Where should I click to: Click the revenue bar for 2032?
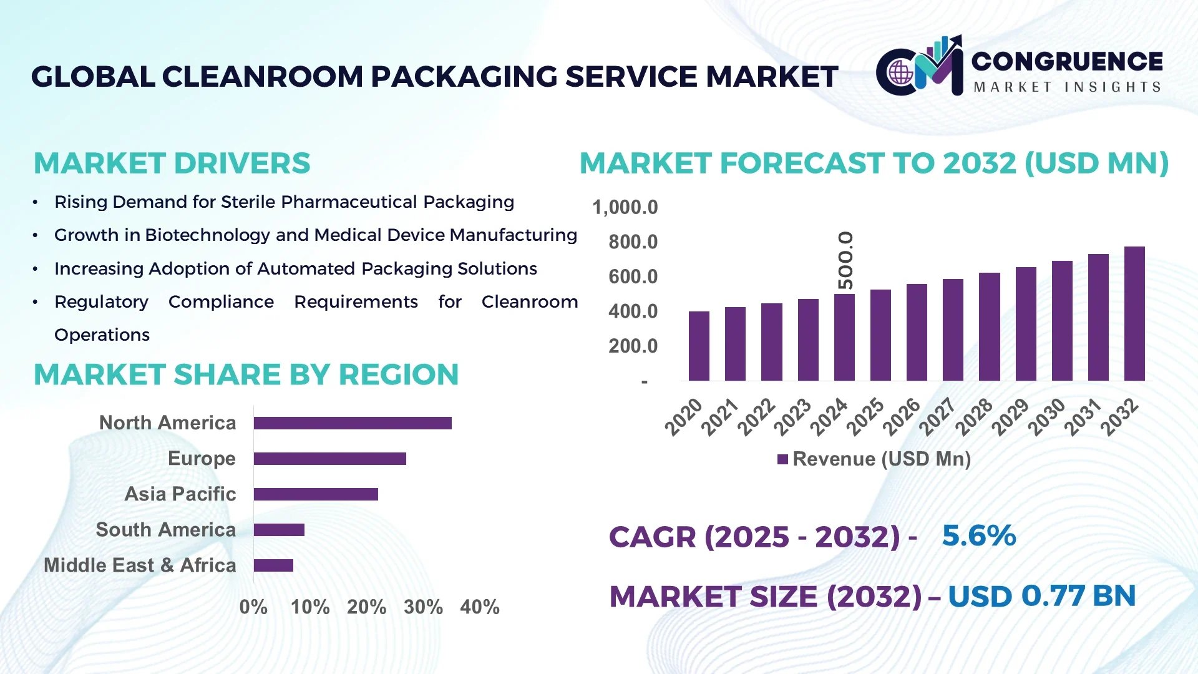click(1134, 314)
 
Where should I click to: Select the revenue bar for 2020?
click(699, 346)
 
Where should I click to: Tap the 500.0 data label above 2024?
click(845, 260)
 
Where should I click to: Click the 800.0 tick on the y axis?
click(633, 242)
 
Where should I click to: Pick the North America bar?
click(353, 423)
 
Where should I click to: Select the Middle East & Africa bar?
click(273, 565)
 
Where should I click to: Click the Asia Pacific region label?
click(180, 494)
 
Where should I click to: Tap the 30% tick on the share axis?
click(423, 607)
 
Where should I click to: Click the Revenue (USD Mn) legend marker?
click(782, 460)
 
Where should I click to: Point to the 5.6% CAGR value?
click(978, 535)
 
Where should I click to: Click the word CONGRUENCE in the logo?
click(1066, 61)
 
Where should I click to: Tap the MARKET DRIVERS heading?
click(172, 164)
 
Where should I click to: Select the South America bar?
click(279, 530)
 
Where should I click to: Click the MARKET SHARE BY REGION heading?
click(246, 374)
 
